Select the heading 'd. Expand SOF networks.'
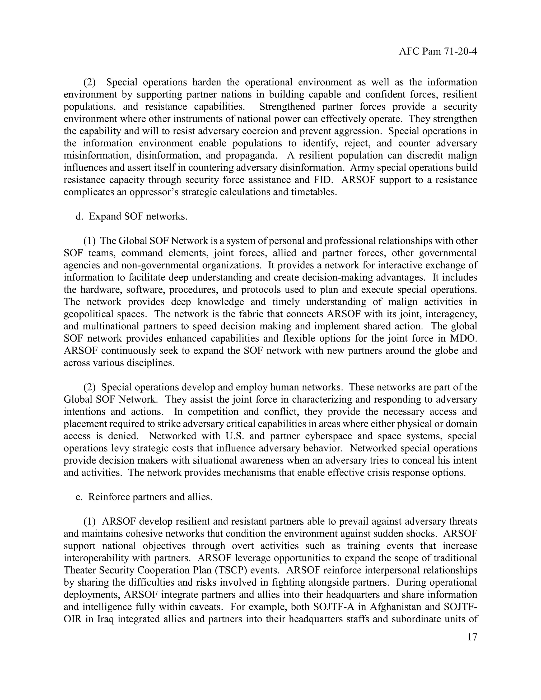pos(131,216)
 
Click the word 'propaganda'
pos(251,155)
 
